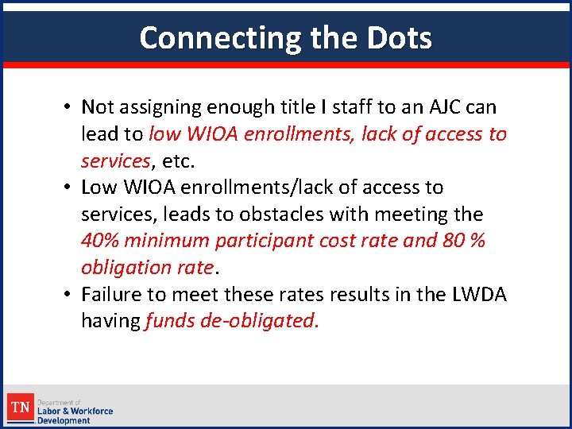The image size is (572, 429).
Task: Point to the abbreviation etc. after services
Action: click(177, 161)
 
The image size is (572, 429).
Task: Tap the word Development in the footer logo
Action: click(64, 420)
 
